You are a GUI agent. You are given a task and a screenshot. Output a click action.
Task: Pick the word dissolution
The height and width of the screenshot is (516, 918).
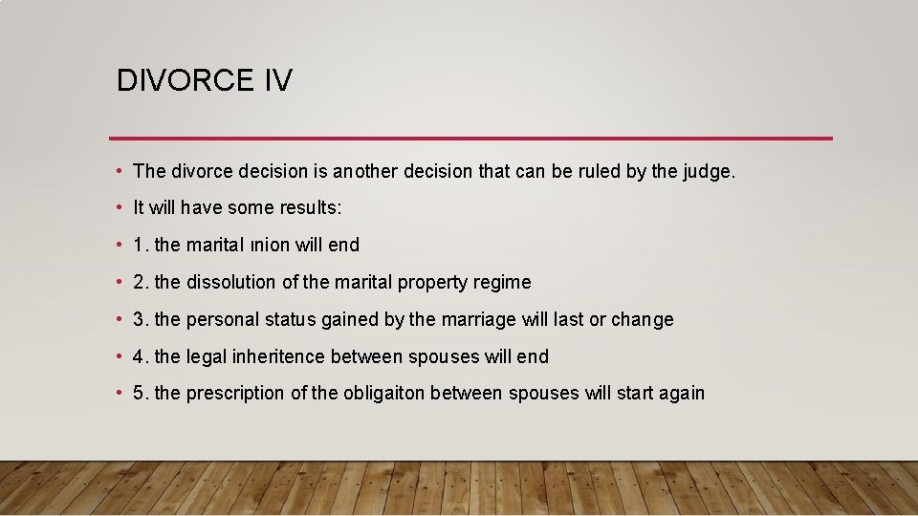(x=232, y=282)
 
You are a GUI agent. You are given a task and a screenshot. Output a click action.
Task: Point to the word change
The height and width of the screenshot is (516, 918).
(x=643, y=320)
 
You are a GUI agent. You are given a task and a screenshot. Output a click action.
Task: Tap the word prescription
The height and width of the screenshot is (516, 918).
(x=235, y=394)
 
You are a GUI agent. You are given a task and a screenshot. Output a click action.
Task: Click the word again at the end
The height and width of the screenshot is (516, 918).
(x=681, y=394)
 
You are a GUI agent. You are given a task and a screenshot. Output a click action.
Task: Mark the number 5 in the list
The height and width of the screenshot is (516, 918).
(x=140, y=393)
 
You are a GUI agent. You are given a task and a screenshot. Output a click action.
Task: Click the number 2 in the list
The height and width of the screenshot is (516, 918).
(x=140, y=282)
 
